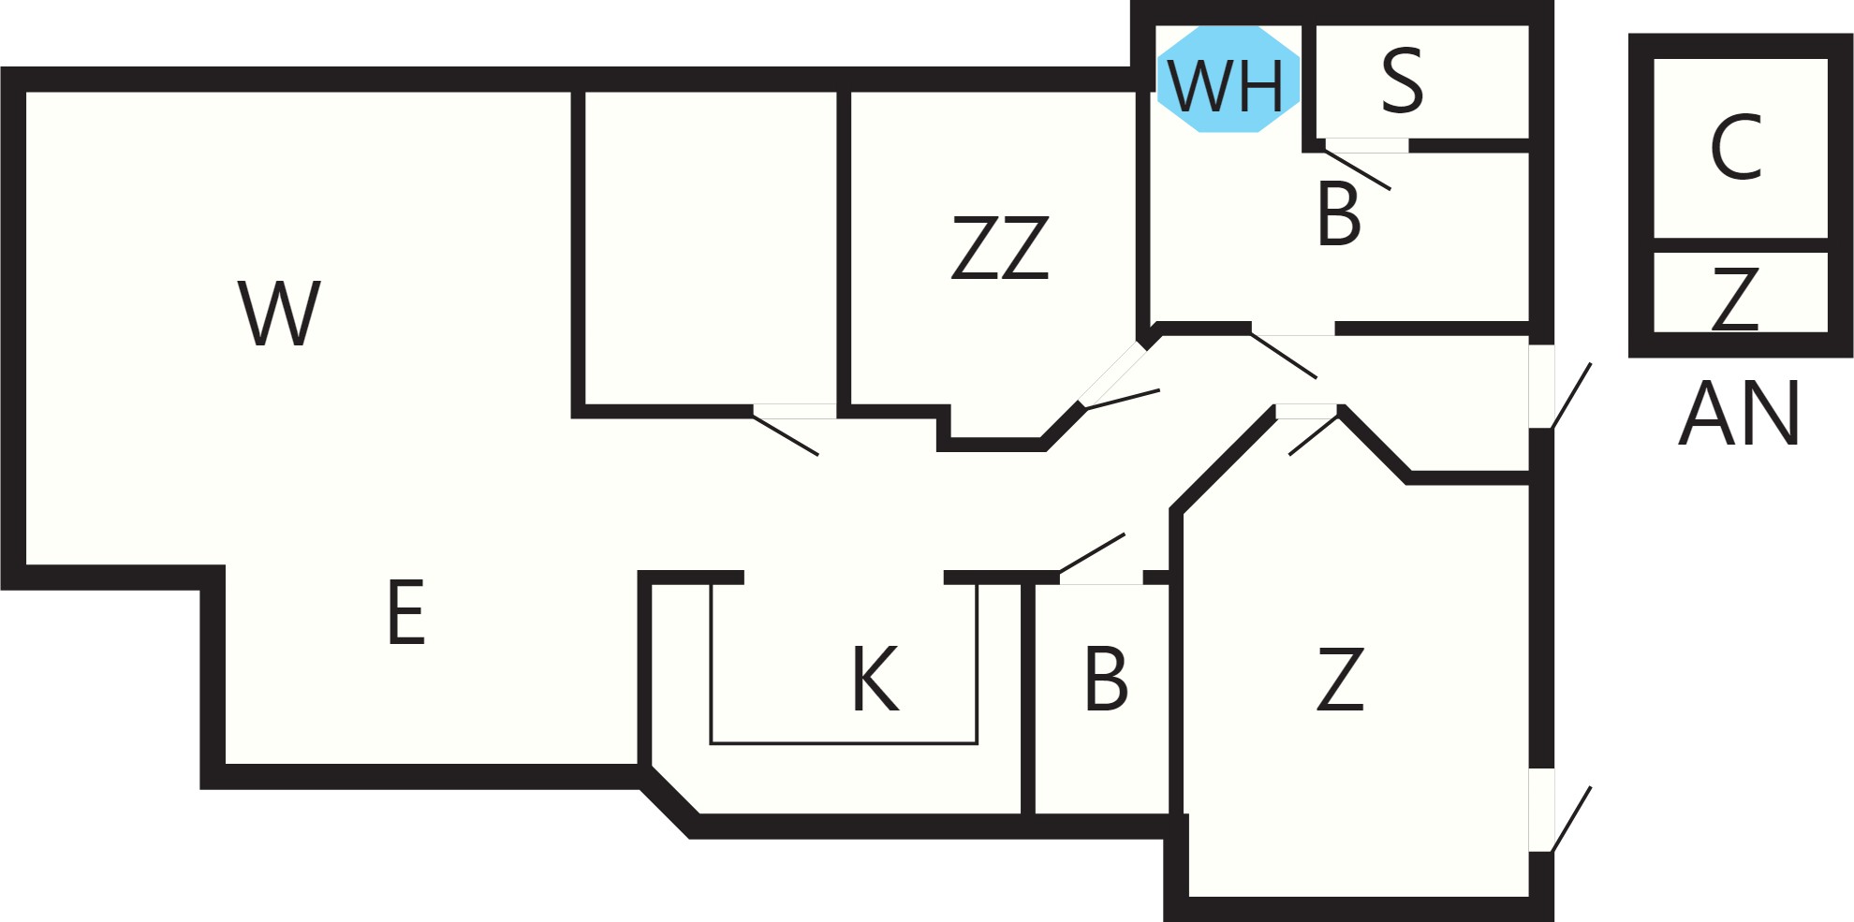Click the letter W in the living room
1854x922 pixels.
click(x=279, y=313)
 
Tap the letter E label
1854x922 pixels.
click(x=406, y=612)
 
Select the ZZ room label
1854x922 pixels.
click(x=1000, y=248)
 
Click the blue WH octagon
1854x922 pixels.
click(x=1228, y=79)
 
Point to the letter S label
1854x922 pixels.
click(x=1403, y=80)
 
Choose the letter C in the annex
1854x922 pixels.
click(x=1736, y=147)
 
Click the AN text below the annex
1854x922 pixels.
click(x=1739, y=413)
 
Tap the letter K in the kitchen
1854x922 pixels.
click(x=875, y=679)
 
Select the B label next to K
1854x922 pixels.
click(x=1106, y=679)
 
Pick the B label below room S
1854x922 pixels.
click(x=1338, y=213)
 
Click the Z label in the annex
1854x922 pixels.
click(x=1735, y=299)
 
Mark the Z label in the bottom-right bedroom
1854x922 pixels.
click(x=1340, y=679)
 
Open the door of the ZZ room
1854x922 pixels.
click(x=1121, y=399)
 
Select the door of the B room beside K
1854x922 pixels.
click(x=1092, y=553)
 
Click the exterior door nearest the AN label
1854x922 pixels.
click(x=1571, y=396)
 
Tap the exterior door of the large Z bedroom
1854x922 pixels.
click(x=1571, y=820)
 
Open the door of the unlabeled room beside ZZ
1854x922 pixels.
click(x=786, y=435)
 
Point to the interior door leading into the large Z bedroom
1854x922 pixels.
click(x=1314, y=435)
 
